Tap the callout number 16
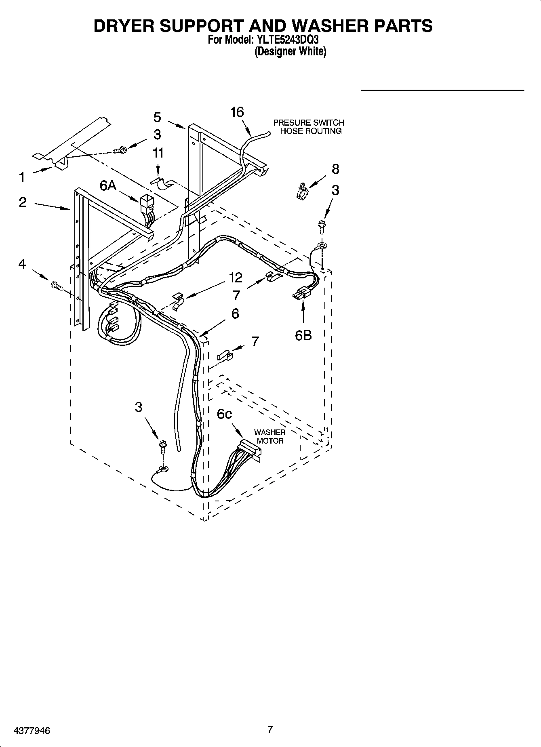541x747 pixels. click(x=237, y=112)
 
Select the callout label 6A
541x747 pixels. click(x=108, y=185)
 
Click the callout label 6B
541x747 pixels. click(x=303, y=335)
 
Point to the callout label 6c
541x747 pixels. click(x=225, y=414)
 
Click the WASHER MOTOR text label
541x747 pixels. click(x=270, y=437)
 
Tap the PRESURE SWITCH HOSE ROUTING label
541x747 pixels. click(x=309, y=127)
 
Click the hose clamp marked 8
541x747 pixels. click(x=301, y=190)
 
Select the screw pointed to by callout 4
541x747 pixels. click(x=56, y=286)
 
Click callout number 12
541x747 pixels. click(x=236, y=278)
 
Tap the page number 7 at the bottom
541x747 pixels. click(x=270, y=730)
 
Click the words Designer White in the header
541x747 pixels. click(x=290, y=52)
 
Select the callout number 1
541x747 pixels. click(x=22, y=177)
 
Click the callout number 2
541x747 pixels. click(x=23, y=202)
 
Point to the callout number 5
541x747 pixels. click(x=157, y=117)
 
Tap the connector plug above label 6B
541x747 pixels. click(x=301, y=294)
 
